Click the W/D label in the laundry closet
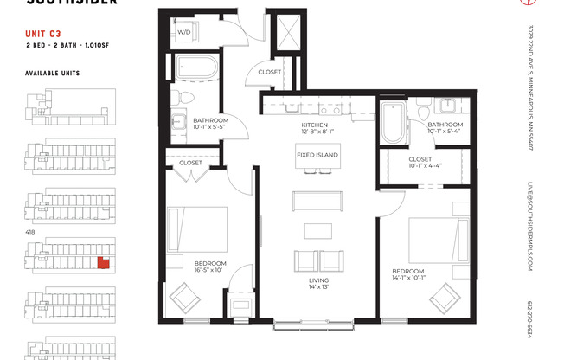(x=184, y=32)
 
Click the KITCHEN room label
(x=316, y=125)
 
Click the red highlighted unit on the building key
(x=103, y=262)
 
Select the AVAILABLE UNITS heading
(x=52, y=74)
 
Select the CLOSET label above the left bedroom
(x=190, y=163)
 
